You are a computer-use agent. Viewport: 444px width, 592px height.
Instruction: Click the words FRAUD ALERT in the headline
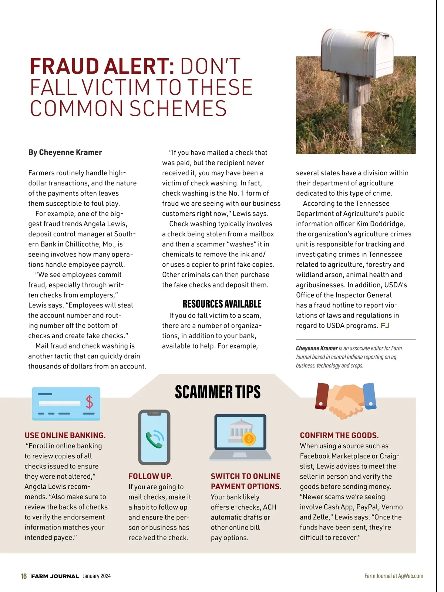(x=102, y=66)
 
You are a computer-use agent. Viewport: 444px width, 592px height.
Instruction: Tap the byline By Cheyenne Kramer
(x=65, y=152)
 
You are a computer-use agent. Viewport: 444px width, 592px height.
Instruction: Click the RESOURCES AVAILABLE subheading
(x=222, y=304)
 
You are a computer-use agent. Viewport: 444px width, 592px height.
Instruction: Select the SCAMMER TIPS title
(x=218, y=392)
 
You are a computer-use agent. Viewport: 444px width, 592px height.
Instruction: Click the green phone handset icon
(x=153, y=440)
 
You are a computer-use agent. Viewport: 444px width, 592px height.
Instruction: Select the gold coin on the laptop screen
(x=249, y=439)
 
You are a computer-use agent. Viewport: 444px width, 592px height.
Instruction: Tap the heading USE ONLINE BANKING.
(x=65, y=435)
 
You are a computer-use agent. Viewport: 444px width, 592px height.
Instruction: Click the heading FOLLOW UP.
(x=150, y=477)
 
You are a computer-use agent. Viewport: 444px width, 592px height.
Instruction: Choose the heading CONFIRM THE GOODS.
(x=339, y=435)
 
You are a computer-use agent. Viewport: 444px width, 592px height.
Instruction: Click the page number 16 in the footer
(x=24, y=576)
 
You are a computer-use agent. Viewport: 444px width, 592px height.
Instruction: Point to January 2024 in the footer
(x=97, y=576)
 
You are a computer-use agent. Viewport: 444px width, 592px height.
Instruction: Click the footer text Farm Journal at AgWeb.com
(x=394, y=576)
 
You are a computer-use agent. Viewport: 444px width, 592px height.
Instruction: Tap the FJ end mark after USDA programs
(x=385, y=326)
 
